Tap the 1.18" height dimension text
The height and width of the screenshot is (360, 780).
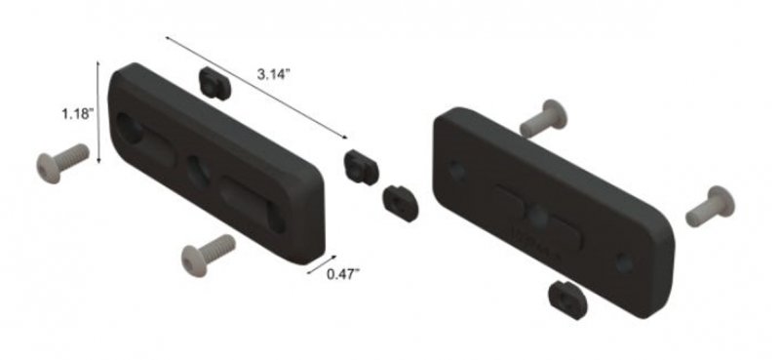point(75,113)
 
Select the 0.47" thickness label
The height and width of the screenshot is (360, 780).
point(342,273)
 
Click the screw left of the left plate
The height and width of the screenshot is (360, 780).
point(59,165)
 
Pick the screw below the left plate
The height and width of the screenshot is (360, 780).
point(208,255)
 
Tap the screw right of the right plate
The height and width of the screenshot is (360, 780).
point(709,206)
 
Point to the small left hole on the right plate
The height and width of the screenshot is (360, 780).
point(456,172)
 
